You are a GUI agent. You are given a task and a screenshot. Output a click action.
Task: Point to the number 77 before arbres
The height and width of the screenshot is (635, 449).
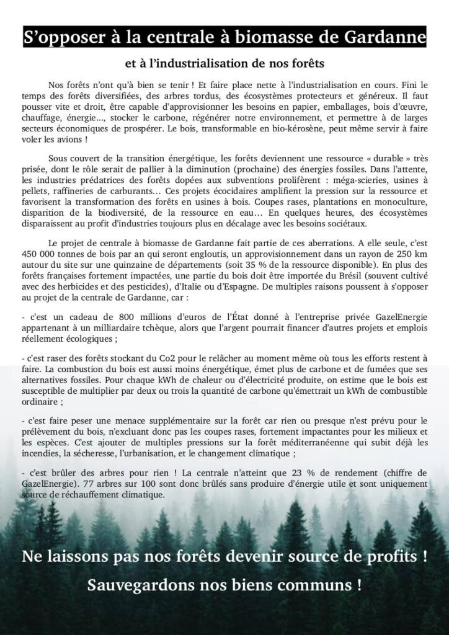click(x=78, y=483)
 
